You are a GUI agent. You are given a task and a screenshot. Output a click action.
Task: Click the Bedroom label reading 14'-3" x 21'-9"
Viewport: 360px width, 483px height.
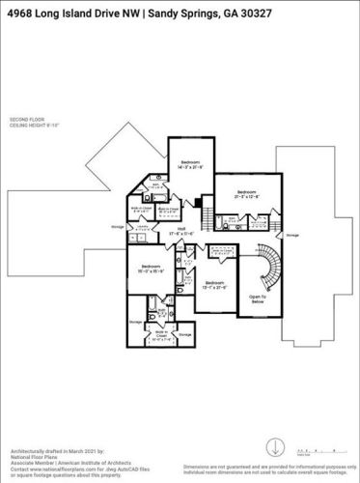(189, 164)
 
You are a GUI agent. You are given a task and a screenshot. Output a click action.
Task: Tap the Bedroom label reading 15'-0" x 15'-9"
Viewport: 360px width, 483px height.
(151, 270)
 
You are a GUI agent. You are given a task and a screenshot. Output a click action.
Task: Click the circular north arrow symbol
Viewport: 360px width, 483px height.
(277, 448)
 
